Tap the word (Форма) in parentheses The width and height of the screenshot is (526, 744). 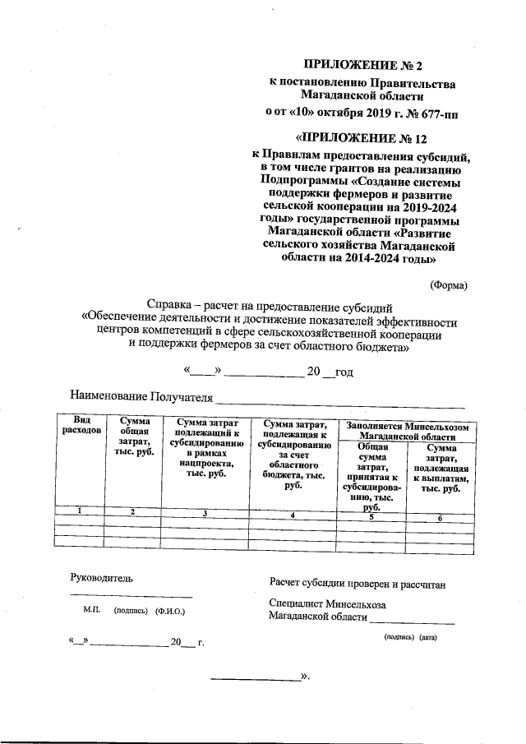(x=449, y=285)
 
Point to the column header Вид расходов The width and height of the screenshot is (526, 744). (x=80, y=424)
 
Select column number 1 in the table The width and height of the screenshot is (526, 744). (x=80, y=511)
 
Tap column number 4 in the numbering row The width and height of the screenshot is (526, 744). (x=292, y=514)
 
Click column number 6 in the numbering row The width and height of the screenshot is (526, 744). (x=440, y=518)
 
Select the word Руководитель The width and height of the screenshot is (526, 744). (x=101, y=578)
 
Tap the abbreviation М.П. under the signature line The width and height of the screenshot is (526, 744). (x=91, y=612)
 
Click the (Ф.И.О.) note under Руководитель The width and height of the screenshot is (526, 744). (x=170, y=612)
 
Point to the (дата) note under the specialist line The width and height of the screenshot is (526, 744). (x=428, y=637)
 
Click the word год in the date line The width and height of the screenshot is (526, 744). (x=344, y=372)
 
